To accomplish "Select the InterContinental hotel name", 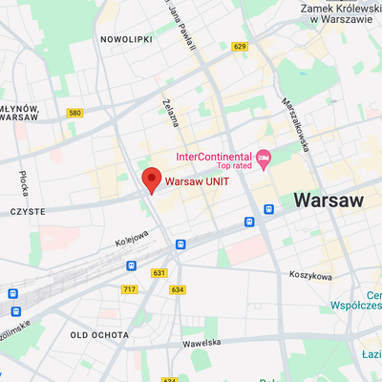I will click(x=213, y=156).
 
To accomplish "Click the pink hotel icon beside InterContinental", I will click(x=265, y=157).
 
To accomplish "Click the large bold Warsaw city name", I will click(x=329, y=201).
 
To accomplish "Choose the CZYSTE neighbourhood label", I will click(x=29, y=210).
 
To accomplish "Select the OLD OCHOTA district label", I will click(x=98, y=334).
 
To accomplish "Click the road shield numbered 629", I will click(x=239, y=46).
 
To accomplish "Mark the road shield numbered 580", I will click(x=74, y=113).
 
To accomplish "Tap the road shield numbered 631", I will click(x=159, y=272).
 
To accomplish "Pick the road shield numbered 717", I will click(x=129, y=288).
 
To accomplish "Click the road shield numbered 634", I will click(x=178, y=288).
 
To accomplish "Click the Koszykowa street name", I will click(x=309, y=276).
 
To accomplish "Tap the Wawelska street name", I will click(x=202, y=341).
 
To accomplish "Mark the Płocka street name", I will click(x=23, y=180).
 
